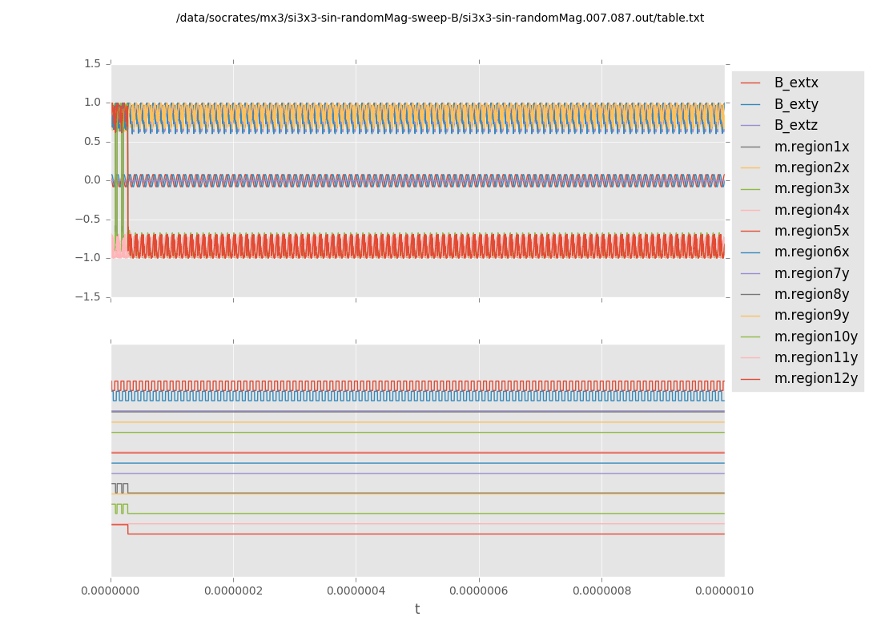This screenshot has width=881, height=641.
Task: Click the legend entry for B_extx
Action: pyautogui.click(x=796, y=83)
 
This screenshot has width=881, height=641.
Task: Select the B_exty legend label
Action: pyautogui.click(x=796, y=104)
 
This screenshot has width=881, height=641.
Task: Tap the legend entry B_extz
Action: pyautogui.click(x=796, y=125)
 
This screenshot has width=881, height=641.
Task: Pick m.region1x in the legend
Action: pyautogui.click(x=811, y=147)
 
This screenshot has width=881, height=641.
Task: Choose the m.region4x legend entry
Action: pyautogui.click(x=811, y=210)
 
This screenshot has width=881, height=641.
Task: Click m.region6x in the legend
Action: pyautogui.click(x=811, y=252)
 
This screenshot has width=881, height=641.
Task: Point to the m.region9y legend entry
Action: pyautogui.click(x=811, y=315)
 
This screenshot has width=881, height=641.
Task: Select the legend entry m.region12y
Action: pyautogui.click(x=815, y=378)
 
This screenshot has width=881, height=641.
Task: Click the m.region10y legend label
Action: pyautogui.click(x=815, y=337)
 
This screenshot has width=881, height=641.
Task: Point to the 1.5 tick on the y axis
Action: pyautogui.click(x=92, y=63)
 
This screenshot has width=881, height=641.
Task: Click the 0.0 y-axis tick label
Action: pyautogui.click(x=92, y=180)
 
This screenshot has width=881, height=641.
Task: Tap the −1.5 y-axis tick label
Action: pyautogui.click(x=89, y=296)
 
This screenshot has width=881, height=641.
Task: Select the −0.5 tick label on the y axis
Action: pyautogui.click(x=89, y=219)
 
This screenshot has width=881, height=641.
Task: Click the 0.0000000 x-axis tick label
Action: pyautogui.click(x=111, y=591)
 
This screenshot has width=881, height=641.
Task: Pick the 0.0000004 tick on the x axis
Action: pyautogui.click(x=356, y=591)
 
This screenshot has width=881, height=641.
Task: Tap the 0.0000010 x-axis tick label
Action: pyautogui.click(x=724, y=591)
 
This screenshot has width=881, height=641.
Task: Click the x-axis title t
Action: pyautogui.click(x=417, y=610)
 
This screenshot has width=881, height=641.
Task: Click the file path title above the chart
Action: pyautogui.click(x=440, y=18)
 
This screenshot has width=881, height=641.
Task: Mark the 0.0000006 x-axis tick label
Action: pyautogui.click(x=479, y=591)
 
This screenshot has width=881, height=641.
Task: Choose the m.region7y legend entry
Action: pyautogui.click(x=811, y=272)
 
